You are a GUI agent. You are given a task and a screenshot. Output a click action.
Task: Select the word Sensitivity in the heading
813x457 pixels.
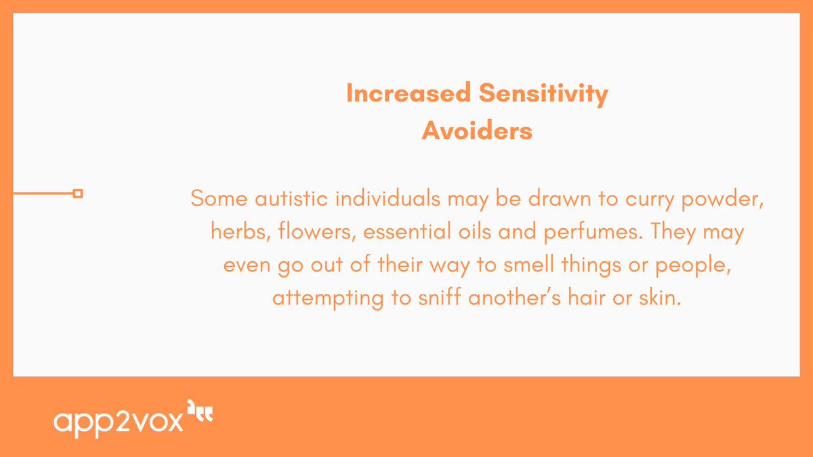pyautogui.click(x=544, y=94)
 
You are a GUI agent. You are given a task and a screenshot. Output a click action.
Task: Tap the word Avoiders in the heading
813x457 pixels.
pyautogui.click(x=477, y=131)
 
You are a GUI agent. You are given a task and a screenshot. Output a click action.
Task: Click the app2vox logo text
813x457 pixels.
pyautogui.click(x=119, y=421)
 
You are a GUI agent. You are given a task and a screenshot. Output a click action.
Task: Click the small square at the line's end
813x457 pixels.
pyautogui.click(x=78, y=194)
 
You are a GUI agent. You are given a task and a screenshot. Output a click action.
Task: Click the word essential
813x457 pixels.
pyautogui.click(x=406, y=232)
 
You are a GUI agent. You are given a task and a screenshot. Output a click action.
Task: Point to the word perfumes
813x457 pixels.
pyautogui.click(x=588, y=234)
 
